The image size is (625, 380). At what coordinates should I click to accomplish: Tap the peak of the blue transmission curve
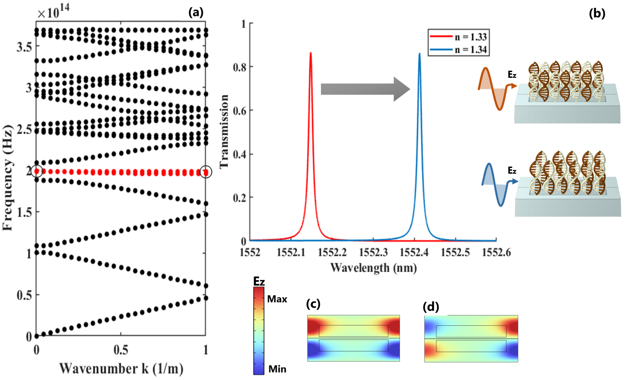[x=419, y=54]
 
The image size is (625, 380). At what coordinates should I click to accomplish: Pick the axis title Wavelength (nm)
[x=373, y=268]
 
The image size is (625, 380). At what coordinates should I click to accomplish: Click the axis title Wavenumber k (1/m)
[x=121, y=369]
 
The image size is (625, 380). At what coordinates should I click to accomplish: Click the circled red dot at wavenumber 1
[x=206, y=172]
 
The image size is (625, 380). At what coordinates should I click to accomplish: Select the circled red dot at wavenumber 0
[x=37, y=171]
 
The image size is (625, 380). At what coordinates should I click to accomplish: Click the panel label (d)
[x=431, y=307]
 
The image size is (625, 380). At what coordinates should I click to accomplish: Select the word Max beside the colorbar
[x=277, y=299]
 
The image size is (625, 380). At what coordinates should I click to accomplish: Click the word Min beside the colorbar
[x=277, y=369]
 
